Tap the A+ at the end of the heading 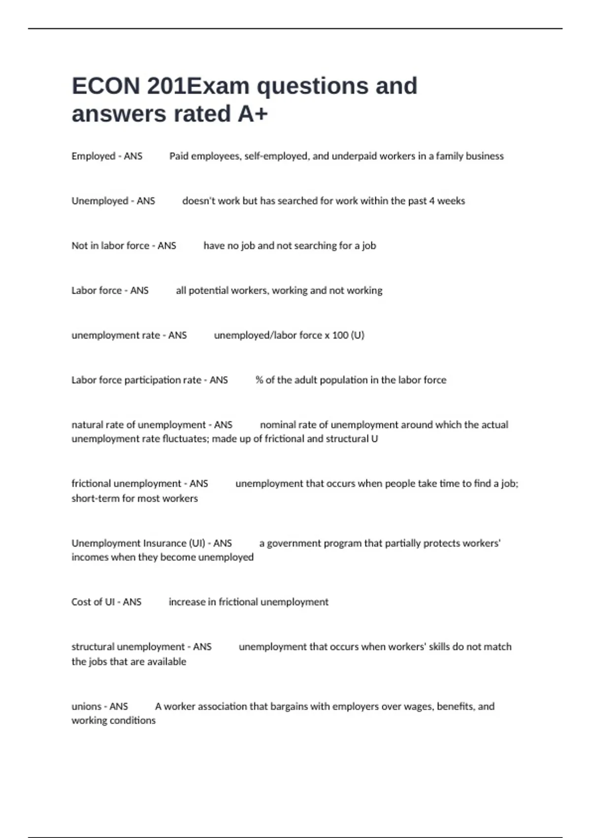(253, 114)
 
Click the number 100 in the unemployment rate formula (340, 335)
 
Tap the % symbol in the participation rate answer (259, 380)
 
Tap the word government (294, 543)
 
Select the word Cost (81, 602)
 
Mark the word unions (86, 706)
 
